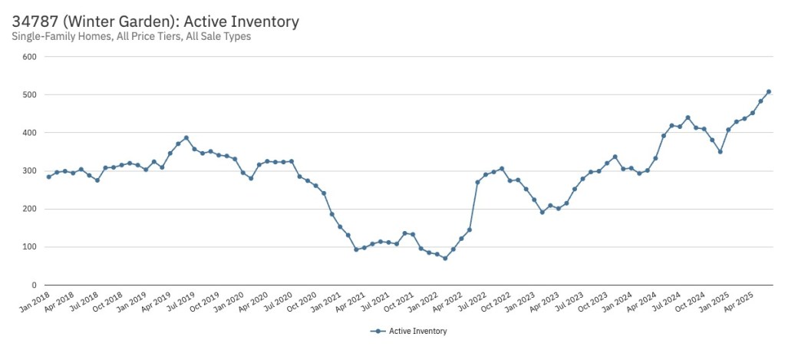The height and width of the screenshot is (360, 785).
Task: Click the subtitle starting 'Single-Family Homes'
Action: pos(131,36)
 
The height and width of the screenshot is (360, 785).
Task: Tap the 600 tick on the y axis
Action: pos(30,57)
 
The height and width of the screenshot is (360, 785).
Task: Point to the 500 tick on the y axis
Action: pos(30,94)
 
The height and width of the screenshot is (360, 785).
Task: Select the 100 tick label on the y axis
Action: pos(30,247)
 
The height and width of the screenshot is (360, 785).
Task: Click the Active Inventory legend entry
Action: pos(408,331)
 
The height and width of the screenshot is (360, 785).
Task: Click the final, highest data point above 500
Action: pos(769,92)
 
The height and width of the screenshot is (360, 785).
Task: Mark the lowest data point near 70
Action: pos(445,258)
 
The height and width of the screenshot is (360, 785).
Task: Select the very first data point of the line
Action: pos(48,177)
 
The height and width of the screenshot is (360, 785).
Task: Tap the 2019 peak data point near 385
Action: pos(186,138)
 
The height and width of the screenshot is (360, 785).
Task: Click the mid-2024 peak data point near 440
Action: pos(688,117)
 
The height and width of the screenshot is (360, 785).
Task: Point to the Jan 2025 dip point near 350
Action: pos(720,151)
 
